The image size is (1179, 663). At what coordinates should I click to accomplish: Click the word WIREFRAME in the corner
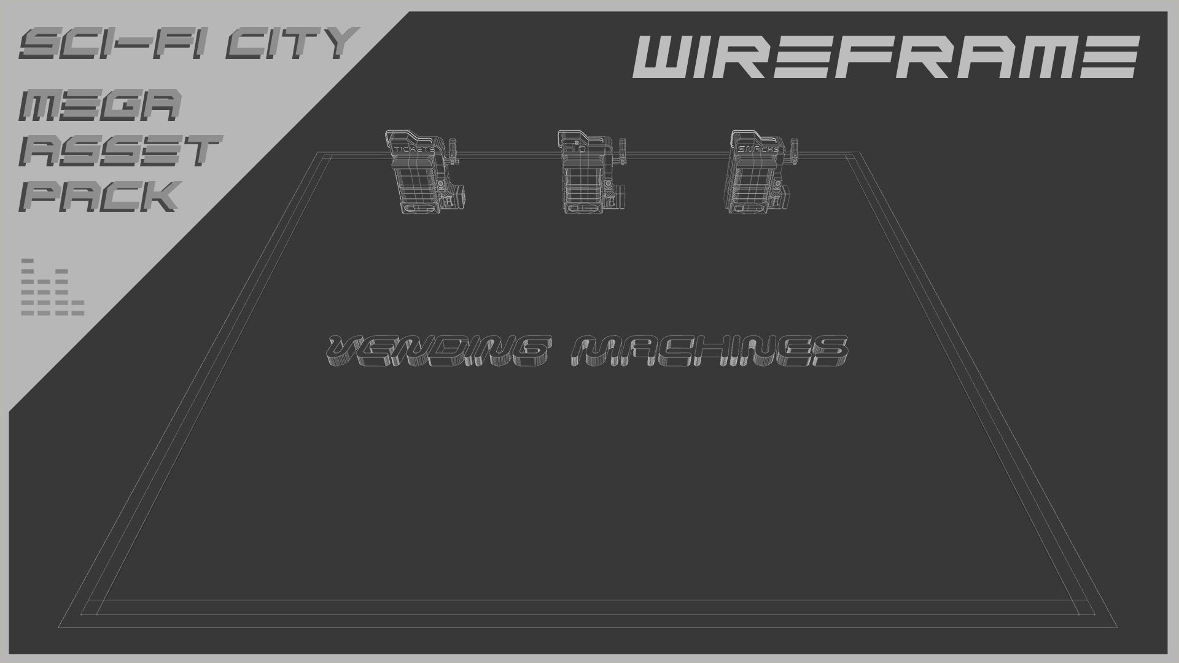click(885, 56)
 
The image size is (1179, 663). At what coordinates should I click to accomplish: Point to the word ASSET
click(120, 151)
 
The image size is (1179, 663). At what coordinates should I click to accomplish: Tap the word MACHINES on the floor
click(709, 352)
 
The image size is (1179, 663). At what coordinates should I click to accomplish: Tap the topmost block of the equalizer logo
click(27, 261)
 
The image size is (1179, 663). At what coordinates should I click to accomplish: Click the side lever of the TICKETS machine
click(455, 150)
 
